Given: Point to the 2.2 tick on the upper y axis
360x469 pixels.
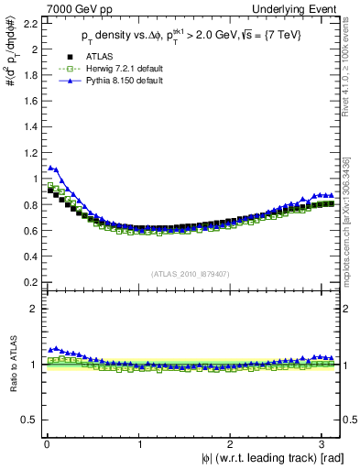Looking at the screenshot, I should pos(29,23).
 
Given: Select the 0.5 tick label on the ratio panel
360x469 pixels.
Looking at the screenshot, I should pos(29,420).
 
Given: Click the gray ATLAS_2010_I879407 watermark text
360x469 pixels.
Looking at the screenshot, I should pos(191,272).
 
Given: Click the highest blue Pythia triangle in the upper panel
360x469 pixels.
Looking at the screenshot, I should pos(50,168).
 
